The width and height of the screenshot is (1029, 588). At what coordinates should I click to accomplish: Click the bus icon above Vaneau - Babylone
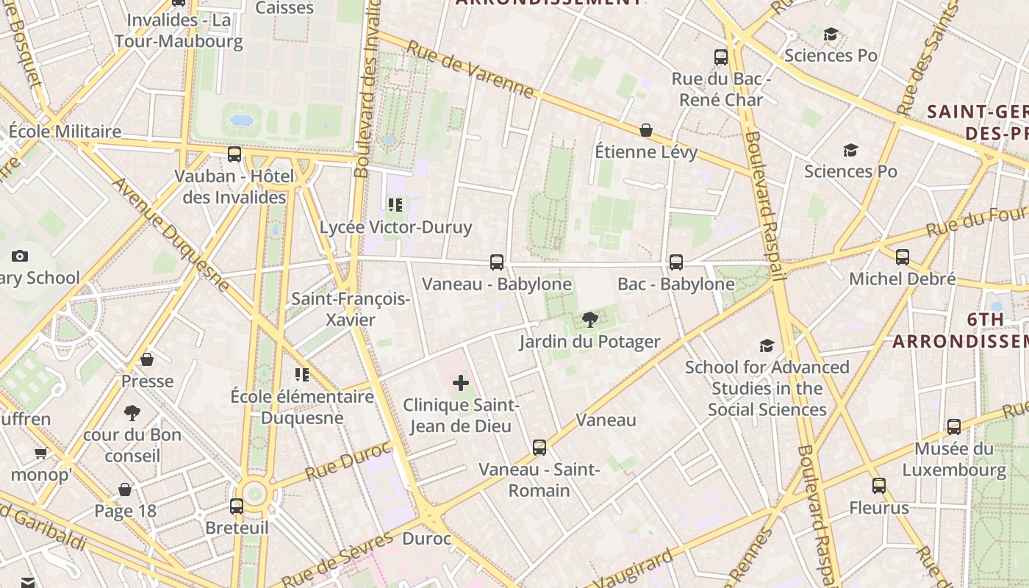[497, 262]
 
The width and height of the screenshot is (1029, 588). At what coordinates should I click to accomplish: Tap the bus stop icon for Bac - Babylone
[675, 262]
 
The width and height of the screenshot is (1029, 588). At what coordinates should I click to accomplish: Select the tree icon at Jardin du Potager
[589, 320]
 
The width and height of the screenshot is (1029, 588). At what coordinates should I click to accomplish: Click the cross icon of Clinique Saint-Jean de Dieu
[461, 383]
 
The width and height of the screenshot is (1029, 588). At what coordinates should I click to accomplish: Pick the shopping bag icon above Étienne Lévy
[646, 130]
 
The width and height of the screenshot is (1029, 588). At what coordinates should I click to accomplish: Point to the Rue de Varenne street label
[470, 69]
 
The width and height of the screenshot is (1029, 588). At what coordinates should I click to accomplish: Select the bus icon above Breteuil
[236, 506]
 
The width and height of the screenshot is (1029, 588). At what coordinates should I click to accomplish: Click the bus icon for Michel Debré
[902, 257]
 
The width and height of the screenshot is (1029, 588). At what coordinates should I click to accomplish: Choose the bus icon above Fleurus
[879, 486]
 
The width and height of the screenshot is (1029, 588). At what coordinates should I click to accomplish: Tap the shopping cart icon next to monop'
[40, 453]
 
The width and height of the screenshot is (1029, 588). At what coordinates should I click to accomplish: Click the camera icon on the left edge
[20, 257]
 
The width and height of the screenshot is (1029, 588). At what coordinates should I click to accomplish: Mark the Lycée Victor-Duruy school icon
[395, 205]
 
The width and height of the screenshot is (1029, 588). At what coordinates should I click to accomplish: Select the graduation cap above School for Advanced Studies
[767, 345]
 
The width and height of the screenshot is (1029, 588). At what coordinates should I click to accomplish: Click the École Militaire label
[65, 132]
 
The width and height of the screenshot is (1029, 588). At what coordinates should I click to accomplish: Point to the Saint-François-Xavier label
[351, 309]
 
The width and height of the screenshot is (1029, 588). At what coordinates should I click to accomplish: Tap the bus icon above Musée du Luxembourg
[953, 427]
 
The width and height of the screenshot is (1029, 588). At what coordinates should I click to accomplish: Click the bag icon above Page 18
[125, 490]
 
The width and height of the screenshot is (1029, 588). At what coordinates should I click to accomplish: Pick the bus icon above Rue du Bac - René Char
[721, 57]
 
